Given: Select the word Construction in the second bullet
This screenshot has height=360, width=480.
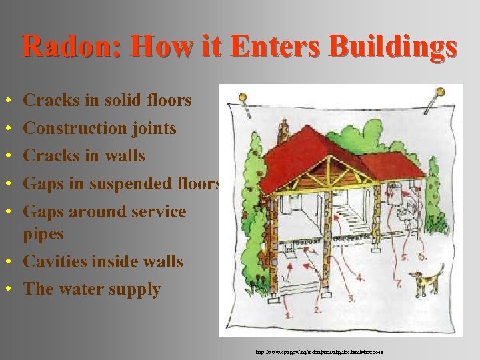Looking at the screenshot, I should point(75,127).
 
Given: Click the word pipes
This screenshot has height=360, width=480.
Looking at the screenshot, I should point(43,234).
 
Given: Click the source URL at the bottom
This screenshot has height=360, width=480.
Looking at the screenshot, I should point(318,351).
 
